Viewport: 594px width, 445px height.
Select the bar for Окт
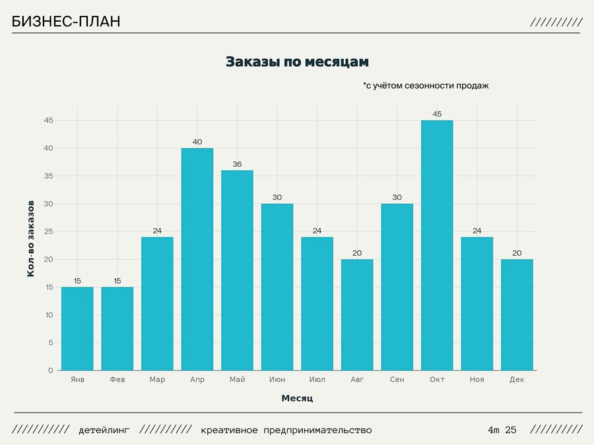[x=437, y=245]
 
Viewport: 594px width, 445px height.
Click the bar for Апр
[x=197, y=259]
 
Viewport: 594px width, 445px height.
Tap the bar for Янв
[x=77, y=328]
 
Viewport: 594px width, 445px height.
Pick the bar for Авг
[x=357, y=314]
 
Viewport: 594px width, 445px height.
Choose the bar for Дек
[x=517, y=314]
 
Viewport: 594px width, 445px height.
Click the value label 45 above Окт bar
[x=437, y=114]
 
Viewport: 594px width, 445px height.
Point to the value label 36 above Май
[x=238, y=164]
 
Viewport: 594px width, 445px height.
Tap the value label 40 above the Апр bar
[x=197, y=142]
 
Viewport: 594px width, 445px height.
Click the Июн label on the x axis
[x=277, y=380]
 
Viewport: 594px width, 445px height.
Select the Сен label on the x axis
[x=397, y=380]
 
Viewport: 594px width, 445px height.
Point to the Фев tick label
[x=117, y=380]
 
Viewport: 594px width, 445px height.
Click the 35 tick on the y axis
[x=48, y=176]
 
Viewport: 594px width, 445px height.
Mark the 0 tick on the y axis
[x=50, y=371]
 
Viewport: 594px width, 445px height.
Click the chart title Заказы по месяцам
[x=297, y=62]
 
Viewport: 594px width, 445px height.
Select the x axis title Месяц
[x=297, y=399]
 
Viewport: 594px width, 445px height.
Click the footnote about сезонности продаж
[x=426, y=86]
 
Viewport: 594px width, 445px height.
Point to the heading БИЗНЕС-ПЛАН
[x=66, y=22]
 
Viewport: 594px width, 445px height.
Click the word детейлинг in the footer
[x=104, y=430]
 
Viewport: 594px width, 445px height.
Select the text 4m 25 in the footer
[x=502, y=430]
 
